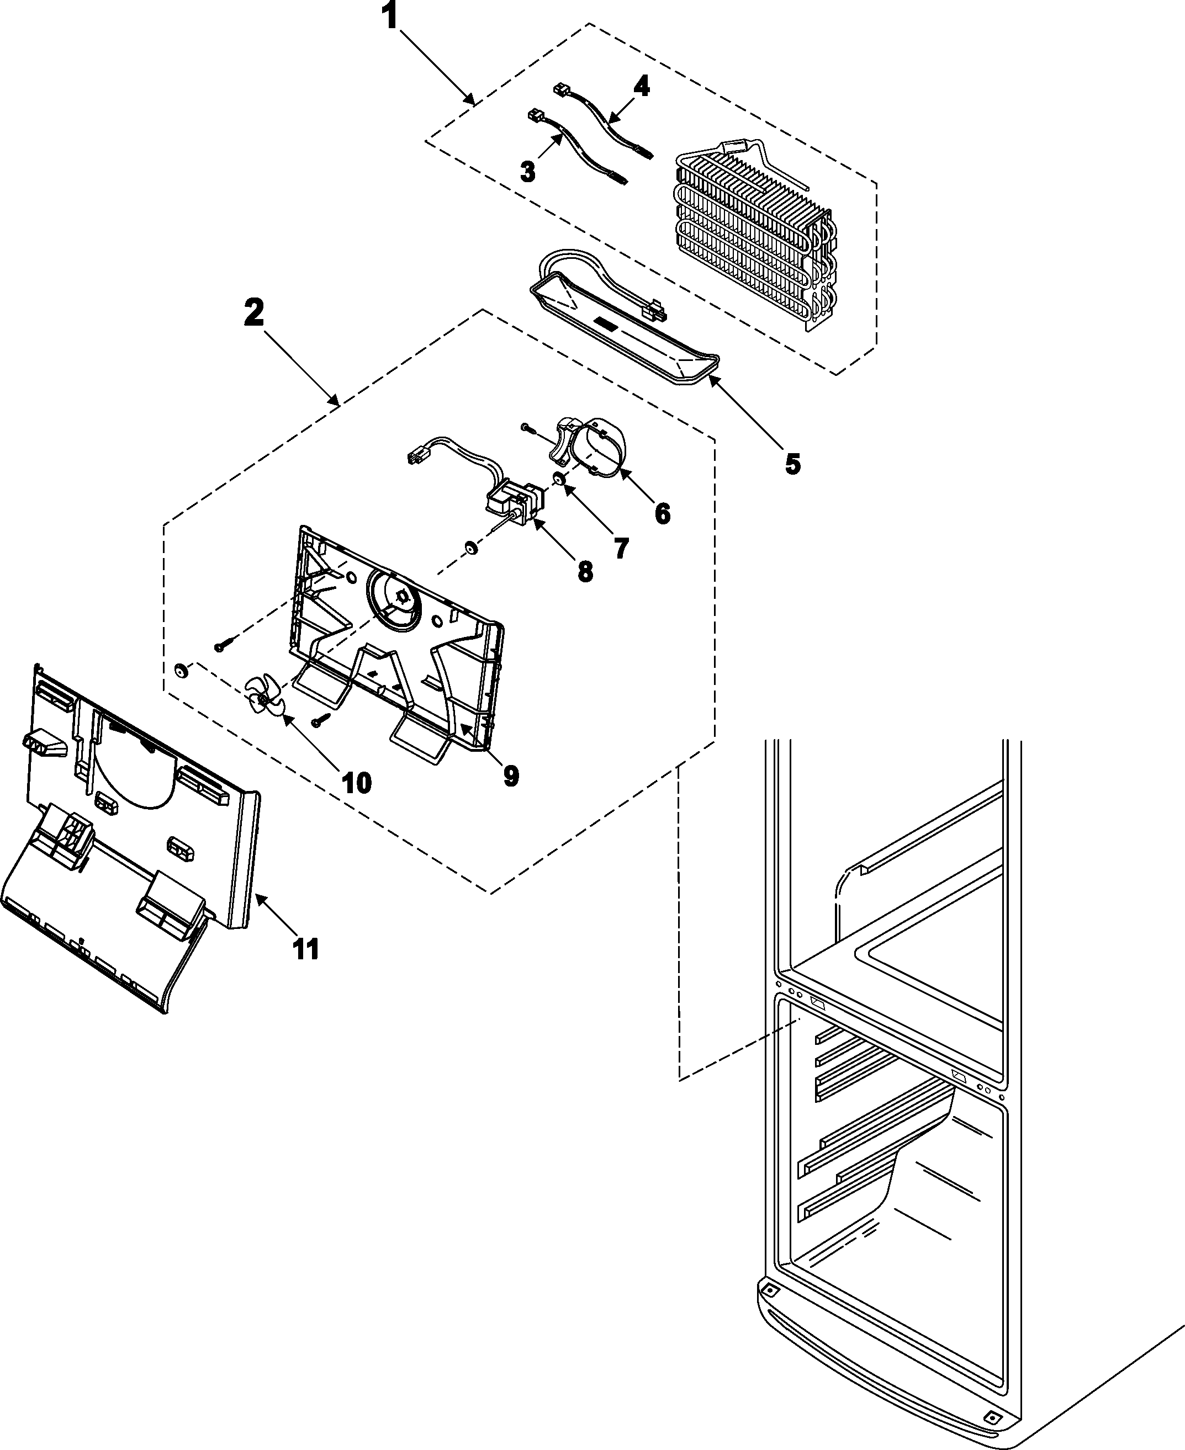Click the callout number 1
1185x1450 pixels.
390,17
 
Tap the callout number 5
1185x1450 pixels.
792,464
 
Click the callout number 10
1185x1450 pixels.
356,783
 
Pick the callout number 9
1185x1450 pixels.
511,775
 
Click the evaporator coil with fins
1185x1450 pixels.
751,232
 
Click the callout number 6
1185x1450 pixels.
662,513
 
